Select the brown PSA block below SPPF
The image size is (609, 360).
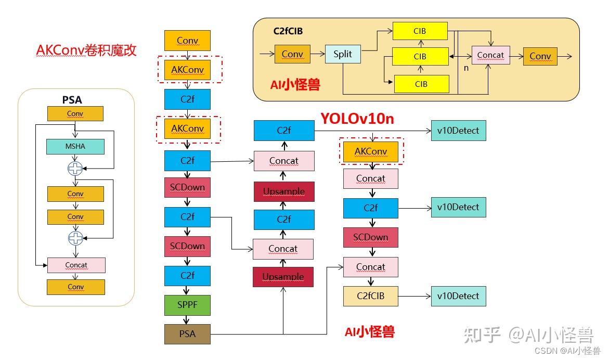[x=187, y=333]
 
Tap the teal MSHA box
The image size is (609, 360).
[x=75, y=147]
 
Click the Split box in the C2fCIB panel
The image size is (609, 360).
[x=343, y=55]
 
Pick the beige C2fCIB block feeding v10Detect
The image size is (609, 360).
[x=370, y=296]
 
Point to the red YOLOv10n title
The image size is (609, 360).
[x=357, y=119]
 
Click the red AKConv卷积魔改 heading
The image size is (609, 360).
[x=86, y=50]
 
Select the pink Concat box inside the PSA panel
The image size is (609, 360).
[x=76, y=265]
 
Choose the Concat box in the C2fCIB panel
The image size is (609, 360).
[x=490, y=55]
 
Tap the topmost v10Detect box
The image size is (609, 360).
[x=458, y=131]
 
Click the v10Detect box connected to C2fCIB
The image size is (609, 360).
[x=458, y=296]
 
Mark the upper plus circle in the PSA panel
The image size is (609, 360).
[x=75, y=168]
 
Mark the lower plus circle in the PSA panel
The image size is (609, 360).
[x=75, y=238]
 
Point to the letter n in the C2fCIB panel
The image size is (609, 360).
[x=466, y=68]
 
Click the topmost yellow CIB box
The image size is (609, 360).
[x=420, y=31]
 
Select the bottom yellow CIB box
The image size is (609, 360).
[x=421, y=84]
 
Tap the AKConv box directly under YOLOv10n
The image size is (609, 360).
[x=371, y=151]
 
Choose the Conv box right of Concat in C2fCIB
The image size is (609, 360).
[x=540, y=56]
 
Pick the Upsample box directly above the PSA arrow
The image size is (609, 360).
[x=283, y=277]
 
